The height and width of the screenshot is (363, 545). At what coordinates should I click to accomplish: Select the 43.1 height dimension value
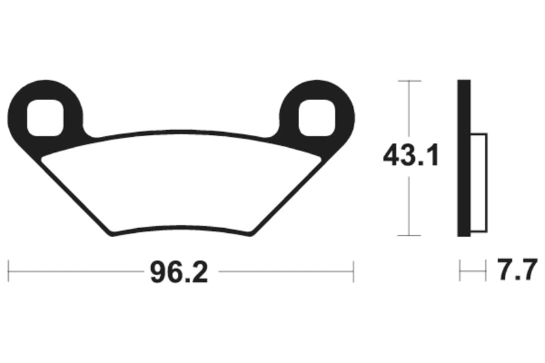tap(409, 157)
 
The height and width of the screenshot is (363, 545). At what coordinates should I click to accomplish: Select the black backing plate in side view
tap(464, 158)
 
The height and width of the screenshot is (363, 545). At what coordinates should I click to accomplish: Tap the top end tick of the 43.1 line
tap(409, 81)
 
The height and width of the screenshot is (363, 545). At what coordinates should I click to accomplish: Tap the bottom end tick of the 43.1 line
tap(409, 236)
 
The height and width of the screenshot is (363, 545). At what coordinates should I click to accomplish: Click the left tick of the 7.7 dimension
tap(460, 270)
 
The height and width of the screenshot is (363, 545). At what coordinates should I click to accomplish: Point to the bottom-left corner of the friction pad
tap(111, 234)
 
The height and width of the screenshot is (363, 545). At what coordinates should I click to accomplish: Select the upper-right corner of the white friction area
tap(320, 159)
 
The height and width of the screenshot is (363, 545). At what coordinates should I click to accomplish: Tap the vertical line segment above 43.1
tap(409, 109)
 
